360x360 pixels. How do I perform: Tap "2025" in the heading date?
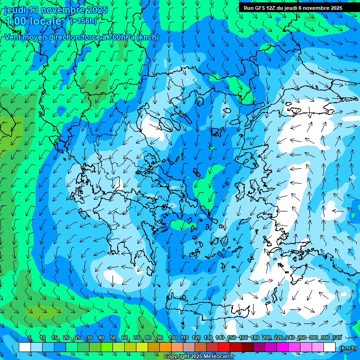(x=97, y=10)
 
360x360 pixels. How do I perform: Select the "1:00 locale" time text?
(x=33, y=21)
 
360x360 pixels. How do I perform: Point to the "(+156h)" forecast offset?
(x=83, y=21)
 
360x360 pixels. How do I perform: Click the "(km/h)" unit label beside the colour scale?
(x=347, y=348)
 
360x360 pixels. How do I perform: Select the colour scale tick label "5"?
(x=30, y=338)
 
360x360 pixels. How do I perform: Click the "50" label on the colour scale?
(x=113, y=338)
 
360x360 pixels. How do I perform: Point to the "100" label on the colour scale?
(x=172, y=338)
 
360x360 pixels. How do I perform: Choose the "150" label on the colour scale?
(x=232, y=338)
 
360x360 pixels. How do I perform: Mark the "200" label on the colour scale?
(x=267, y=338)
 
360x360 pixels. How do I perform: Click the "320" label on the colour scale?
(x=337, y=338)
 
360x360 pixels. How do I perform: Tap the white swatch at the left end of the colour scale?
(x=25, y=347)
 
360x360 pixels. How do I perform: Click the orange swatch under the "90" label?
(x=165, y=347)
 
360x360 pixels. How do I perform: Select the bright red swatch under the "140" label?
(x=224, y=347)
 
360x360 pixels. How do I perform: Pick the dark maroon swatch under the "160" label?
(x=247, y=347)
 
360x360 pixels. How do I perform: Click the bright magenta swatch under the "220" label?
(x=283, y=347)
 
